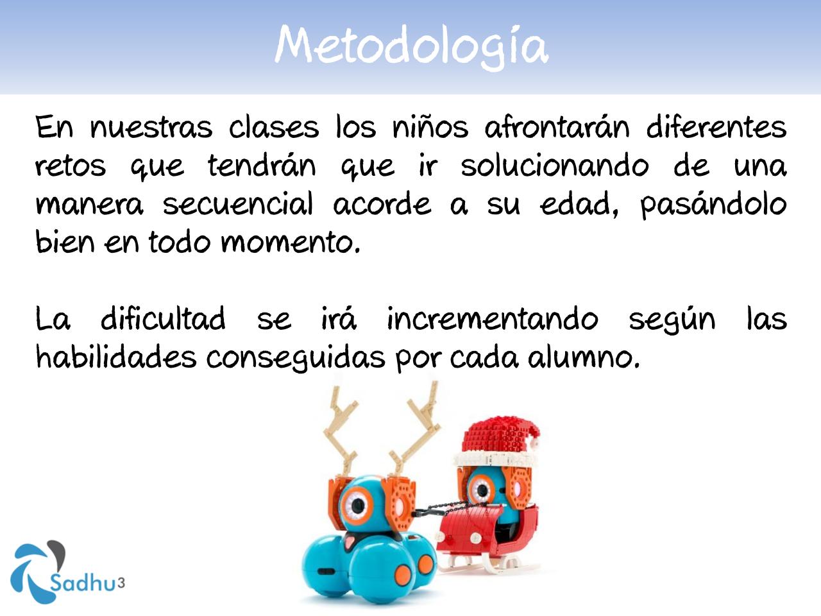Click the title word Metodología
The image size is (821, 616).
point(411,46)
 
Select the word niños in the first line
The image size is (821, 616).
point(430,127)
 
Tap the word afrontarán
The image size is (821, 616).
point(557,127)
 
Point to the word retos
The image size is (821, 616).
point(70,166)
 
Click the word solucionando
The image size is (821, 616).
point(554,166)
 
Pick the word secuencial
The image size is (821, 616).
point(237,205)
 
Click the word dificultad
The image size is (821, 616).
point(163,319)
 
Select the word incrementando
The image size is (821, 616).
point(492,319)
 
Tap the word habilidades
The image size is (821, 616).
point(115,357)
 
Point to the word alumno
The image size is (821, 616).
point(584,358)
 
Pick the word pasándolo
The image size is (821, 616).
point(713,205)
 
